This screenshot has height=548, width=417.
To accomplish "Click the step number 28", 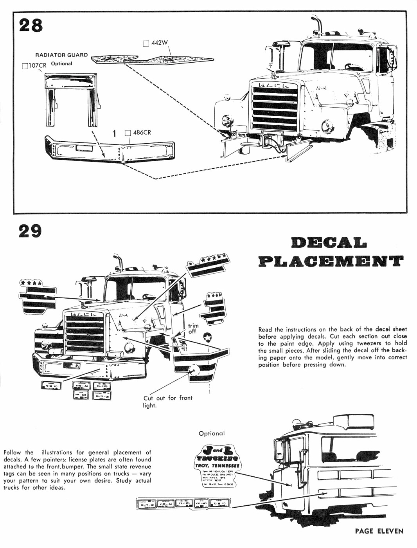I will point(31,25).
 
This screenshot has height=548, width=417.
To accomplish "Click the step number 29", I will point(30,231).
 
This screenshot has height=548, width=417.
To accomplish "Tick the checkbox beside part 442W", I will point(146,43).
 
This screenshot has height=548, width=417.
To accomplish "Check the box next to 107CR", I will point(25,66).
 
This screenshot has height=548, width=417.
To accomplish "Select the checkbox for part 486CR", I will point(128,133).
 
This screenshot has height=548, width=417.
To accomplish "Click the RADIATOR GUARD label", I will point(61,55).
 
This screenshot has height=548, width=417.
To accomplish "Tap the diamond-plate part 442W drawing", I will point(153,59).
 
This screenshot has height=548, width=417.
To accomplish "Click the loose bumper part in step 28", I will point(110,149).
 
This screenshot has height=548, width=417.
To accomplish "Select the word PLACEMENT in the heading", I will point(331,261).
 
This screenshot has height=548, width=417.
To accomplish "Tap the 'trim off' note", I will point(193,328).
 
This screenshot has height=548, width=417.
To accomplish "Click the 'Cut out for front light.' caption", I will point(168,402).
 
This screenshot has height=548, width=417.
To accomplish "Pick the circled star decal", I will point(207,337).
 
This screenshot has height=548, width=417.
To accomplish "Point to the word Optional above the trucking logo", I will point(212,433).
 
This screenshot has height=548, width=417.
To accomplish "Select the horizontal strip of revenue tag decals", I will point(183,503).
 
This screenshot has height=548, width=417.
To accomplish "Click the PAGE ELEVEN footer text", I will point(379,531).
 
